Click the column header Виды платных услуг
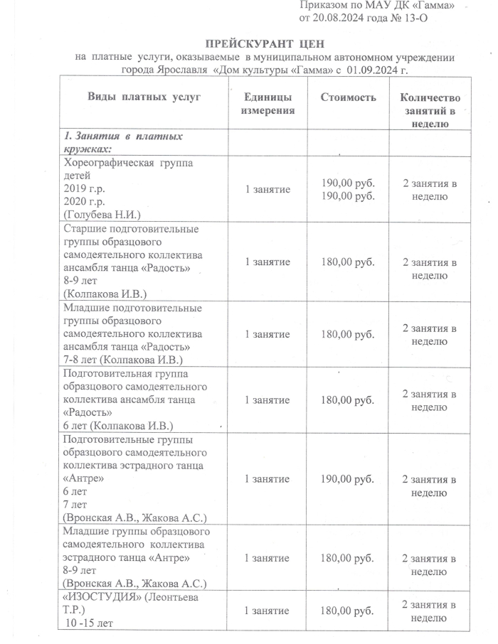pyautogui.click(x=144, y=97)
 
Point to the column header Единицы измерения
pyautogui.click(x=267, y=104)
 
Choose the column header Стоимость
pyautogui.click(x=348, y=97)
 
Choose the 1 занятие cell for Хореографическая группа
pyautogui.click(x=267, y=190)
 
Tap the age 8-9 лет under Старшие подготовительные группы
pyautogui.click(x=79, y=280)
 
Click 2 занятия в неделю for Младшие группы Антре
pyautogui.click(x=430, y=564)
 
